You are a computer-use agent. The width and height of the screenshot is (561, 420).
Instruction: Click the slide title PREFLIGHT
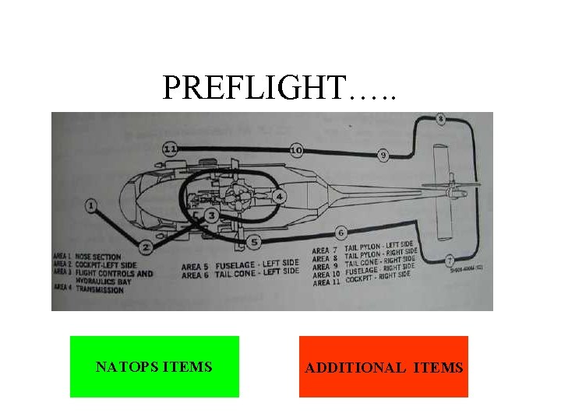pyautogui.click(x=279, y=88)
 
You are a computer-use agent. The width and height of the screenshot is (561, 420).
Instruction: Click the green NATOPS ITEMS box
pyautogui.click(x=154, y=366)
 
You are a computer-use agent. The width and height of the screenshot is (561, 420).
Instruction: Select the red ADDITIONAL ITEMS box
pyautogui.click(x=383, y=367)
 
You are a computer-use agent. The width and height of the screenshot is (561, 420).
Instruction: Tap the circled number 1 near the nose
pyautogui.click(x=91, y=206)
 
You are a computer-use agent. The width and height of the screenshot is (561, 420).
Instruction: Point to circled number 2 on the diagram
pyautogui.click(x=146, y=247)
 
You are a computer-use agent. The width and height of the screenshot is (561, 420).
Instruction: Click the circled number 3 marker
pyautogui.click(x=211, y=215)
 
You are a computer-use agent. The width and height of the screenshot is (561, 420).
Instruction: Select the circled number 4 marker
pyautogui.click(x=278, y=196)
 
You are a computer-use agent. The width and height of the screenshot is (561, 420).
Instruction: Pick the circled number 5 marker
pyautogui.click(x=253, y=243)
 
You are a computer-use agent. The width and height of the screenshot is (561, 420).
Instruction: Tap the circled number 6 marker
pyautogui.click(x=340, y=233)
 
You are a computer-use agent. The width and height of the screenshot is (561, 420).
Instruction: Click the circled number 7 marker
pyautogui.click(x=450, y=260)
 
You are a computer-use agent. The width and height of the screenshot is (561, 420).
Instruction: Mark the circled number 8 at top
pyautogui.click(x=441, y=119)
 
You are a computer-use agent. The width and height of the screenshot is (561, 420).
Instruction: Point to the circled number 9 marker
pyautogui.click(x=383, y=156)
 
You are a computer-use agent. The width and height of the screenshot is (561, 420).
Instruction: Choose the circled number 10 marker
pyautogui.click(x=296, y=149)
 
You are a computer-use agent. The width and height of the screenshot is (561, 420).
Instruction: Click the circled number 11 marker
pyautogui.click(x=171, y=149)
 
